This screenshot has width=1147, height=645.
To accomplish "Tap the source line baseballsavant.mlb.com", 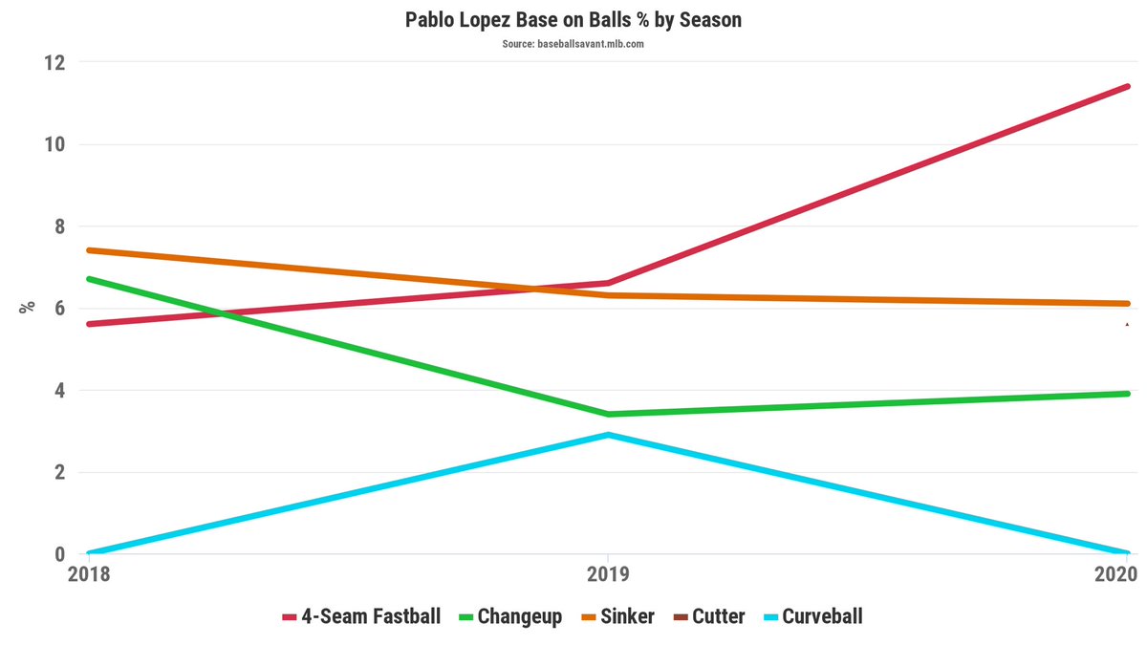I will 573,44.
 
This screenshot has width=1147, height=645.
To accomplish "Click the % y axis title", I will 28,307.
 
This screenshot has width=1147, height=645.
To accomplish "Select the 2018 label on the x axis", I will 88,574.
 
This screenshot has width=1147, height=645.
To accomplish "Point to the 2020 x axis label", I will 1114,574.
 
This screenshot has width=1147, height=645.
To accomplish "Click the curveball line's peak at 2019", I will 608,435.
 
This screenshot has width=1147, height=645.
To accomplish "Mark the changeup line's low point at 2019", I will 608,414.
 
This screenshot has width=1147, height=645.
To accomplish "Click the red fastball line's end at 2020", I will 1128,87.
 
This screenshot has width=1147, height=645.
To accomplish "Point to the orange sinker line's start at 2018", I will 88,250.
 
